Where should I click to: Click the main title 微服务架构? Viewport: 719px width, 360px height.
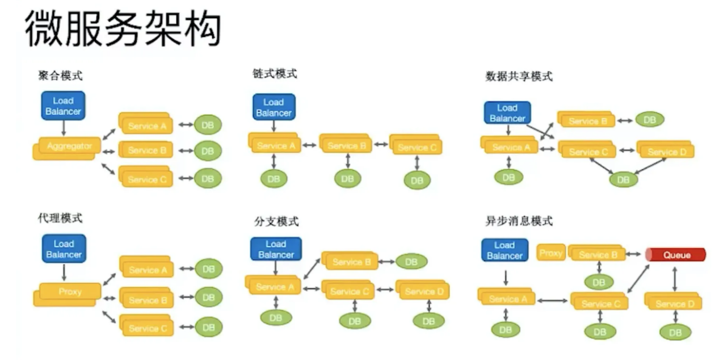[123, 28]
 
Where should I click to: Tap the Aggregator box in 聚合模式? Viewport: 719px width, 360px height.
[68, 146]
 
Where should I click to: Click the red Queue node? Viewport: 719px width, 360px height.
[675, 254]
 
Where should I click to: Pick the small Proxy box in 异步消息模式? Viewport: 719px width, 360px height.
[550, 253]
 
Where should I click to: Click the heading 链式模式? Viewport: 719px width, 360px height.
[275, 74]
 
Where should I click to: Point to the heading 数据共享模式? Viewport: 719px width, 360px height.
[519, 76]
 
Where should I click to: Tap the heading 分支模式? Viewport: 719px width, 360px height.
[276, 221]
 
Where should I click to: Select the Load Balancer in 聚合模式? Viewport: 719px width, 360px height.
[63, 106]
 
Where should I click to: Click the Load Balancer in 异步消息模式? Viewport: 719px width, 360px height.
[504, 250]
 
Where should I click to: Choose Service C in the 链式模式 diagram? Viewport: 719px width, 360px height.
[416, 146]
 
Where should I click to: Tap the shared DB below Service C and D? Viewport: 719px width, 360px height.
[623, 179]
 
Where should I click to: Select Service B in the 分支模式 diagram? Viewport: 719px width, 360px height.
[350, 261]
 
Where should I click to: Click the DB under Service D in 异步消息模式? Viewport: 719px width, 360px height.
[675, 332]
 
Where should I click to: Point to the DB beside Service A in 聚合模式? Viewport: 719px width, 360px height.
[208, 125]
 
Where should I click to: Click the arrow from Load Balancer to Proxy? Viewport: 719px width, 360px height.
[64, 272]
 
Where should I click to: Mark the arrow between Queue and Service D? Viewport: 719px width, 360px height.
[675, 279]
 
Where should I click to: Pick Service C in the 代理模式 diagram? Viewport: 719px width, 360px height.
[146, 327]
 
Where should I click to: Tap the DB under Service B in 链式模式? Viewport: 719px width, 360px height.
[347, 178]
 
